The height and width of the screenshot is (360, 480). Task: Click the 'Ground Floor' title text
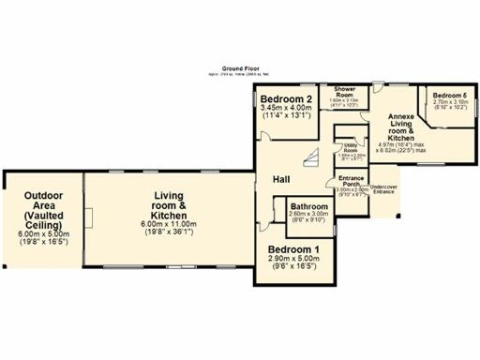(239, 68)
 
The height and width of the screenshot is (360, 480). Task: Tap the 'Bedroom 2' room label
(286, 99)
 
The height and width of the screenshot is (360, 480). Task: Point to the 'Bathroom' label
(308, 206)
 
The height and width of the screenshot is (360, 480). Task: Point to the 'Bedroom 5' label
(449, 96)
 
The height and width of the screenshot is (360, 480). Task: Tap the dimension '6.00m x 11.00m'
(170, 224)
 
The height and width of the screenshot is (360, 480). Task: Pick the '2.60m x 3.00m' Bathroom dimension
(308, 215)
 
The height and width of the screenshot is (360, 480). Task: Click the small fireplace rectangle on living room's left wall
(89, 221)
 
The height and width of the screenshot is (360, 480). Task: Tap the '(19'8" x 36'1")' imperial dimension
(170, 232)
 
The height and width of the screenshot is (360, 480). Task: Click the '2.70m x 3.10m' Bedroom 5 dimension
(449, 102)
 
